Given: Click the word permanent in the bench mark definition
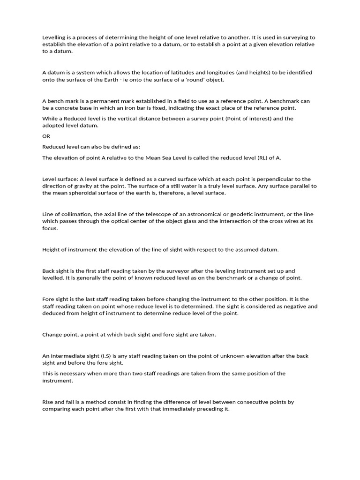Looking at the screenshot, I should [96, 101].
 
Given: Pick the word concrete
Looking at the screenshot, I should [69, 108].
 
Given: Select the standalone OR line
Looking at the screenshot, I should [46, 136].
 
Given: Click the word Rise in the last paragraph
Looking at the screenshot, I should [48, 402].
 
